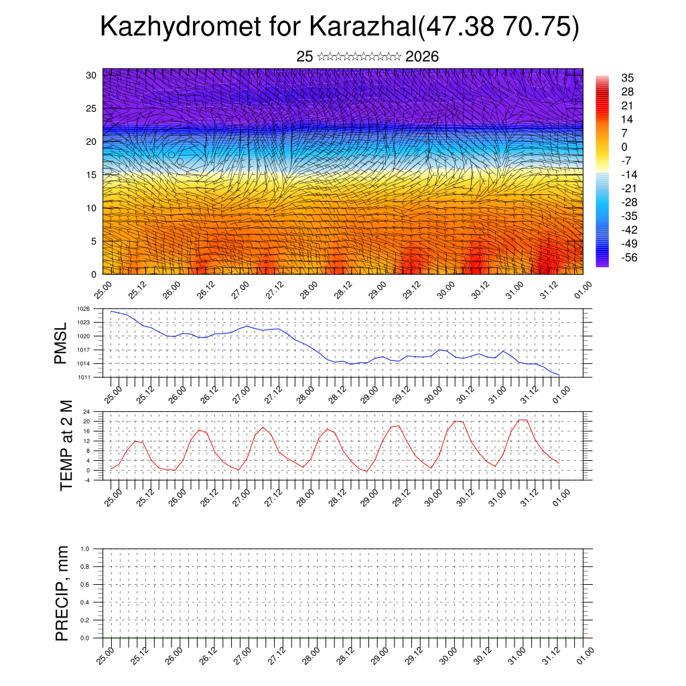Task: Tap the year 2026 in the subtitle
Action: [x=422, y=57]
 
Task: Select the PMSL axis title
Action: [x=61, y=344]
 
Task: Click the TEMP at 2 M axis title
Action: [x=66, y=445]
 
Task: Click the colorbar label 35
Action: [x=628, y=78]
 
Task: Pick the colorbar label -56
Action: [x=629, y=258]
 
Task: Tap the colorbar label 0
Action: [x=624, y=147]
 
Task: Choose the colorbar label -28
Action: [x=629, y=202]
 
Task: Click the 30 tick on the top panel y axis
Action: [x=92, y=75]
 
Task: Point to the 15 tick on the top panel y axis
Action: [x=92, y=175]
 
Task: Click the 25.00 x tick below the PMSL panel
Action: [x=113, y=393]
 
